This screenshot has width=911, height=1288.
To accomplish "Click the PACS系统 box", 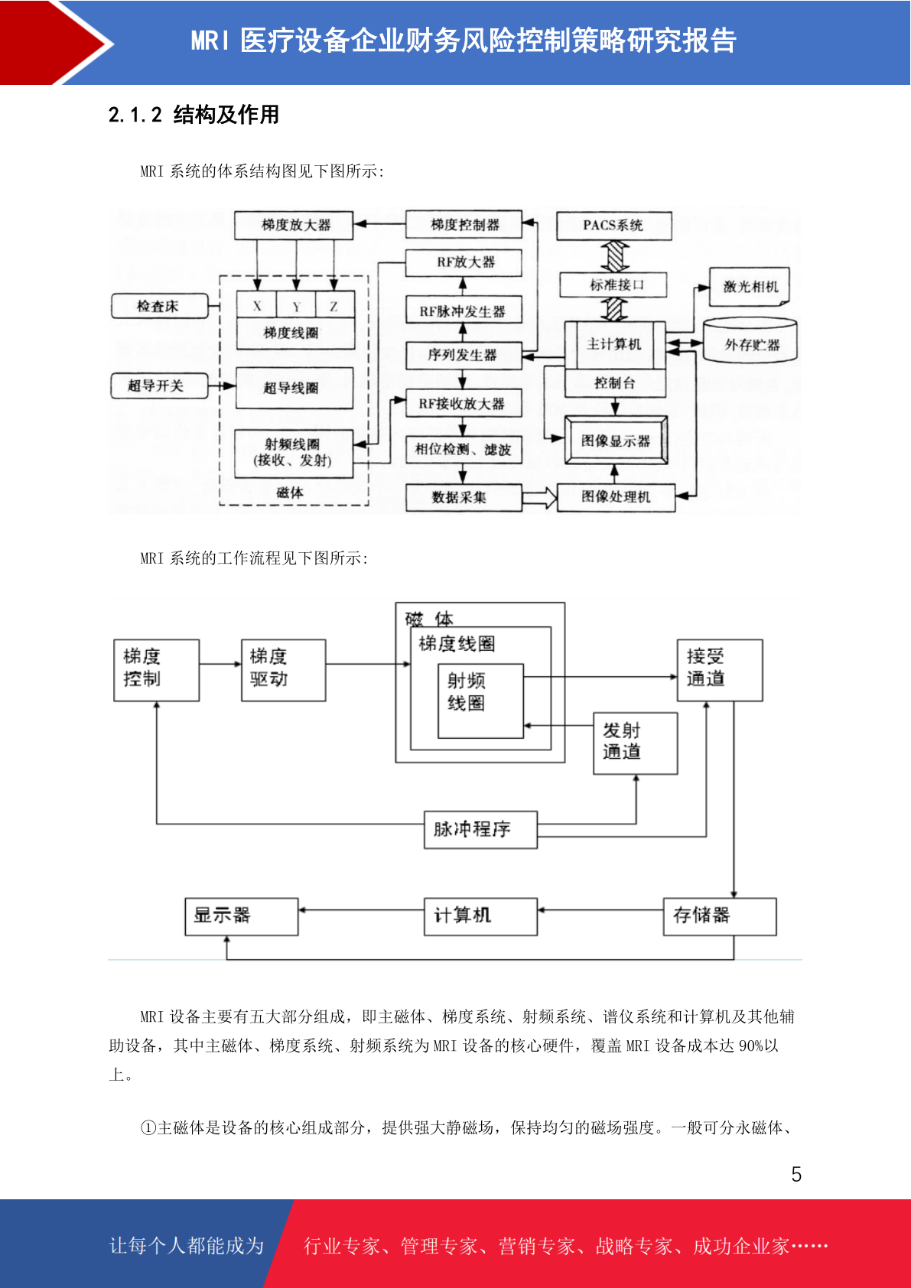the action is (x=613, y=226).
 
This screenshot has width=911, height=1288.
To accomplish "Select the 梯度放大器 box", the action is (x=293, y=225).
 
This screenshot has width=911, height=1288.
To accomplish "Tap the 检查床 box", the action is (x=159, y=306).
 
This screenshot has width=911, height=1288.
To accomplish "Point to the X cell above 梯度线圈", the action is (x=256, y=304).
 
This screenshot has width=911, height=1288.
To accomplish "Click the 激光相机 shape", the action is (x=750, y=286).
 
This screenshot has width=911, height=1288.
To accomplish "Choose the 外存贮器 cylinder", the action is (x=750, y=340).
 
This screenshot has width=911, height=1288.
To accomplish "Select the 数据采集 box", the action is (x=464, y=497).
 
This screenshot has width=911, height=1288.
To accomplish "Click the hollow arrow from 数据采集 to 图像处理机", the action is (x=539, y=497).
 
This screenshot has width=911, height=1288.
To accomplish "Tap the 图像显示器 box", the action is (x=616, y=441).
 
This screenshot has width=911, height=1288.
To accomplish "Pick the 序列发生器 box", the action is (x=464, y=356).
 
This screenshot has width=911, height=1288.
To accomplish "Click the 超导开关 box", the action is (x=159, y=385).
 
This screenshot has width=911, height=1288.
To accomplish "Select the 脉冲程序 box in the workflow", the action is (x=480, y=830).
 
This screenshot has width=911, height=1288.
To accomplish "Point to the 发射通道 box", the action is (x=635, y=743).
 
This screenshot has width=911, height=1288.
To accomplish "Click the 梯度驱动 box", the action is (x=284, y=671).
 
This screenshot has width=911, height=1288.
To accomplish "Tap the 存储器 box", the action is (x=720, y=916).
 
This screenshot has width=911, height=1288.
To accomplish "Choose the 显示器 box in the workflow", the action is (x=242, y=916).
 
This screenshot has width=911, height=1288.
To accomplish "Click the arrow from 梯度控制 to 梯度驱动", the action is (x=220, y=664).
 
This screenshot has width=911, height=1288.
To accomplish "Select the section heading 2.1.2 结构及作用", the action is (x=194, y=115).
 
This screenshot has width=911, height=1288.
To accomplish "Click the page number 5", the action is (x=796, y=1174).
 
